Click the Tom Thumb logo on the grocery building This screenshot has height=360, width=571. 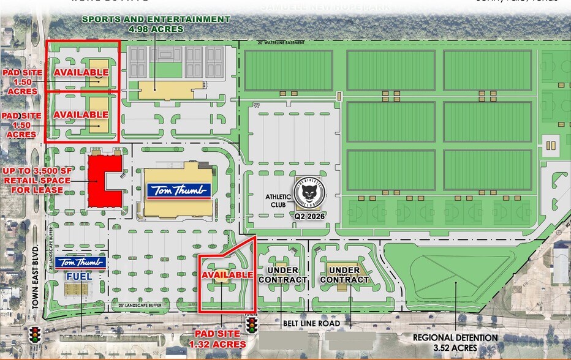(178, 190)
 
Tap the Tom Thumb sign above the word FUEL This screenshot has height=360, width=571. (81, 262)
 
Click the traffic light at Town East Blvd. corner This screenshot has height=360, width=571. (36, 334)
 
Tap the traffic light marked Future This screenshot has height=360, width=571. (251, 324)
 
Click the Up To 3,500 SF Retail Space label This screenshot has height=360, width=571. (33, 180)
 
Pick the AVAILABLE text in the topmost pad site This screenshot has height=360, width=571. (81, 73)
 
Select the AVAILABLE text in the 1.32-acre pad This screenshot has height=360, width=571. (227, 275)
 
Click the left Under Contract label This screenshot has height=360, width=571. (282, 275)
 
